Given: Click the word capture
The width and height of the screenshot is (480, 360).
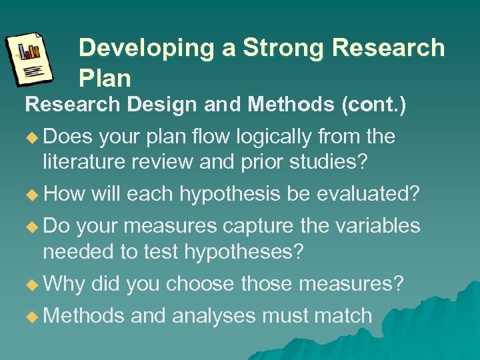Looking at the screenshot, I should pos(258,226).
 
